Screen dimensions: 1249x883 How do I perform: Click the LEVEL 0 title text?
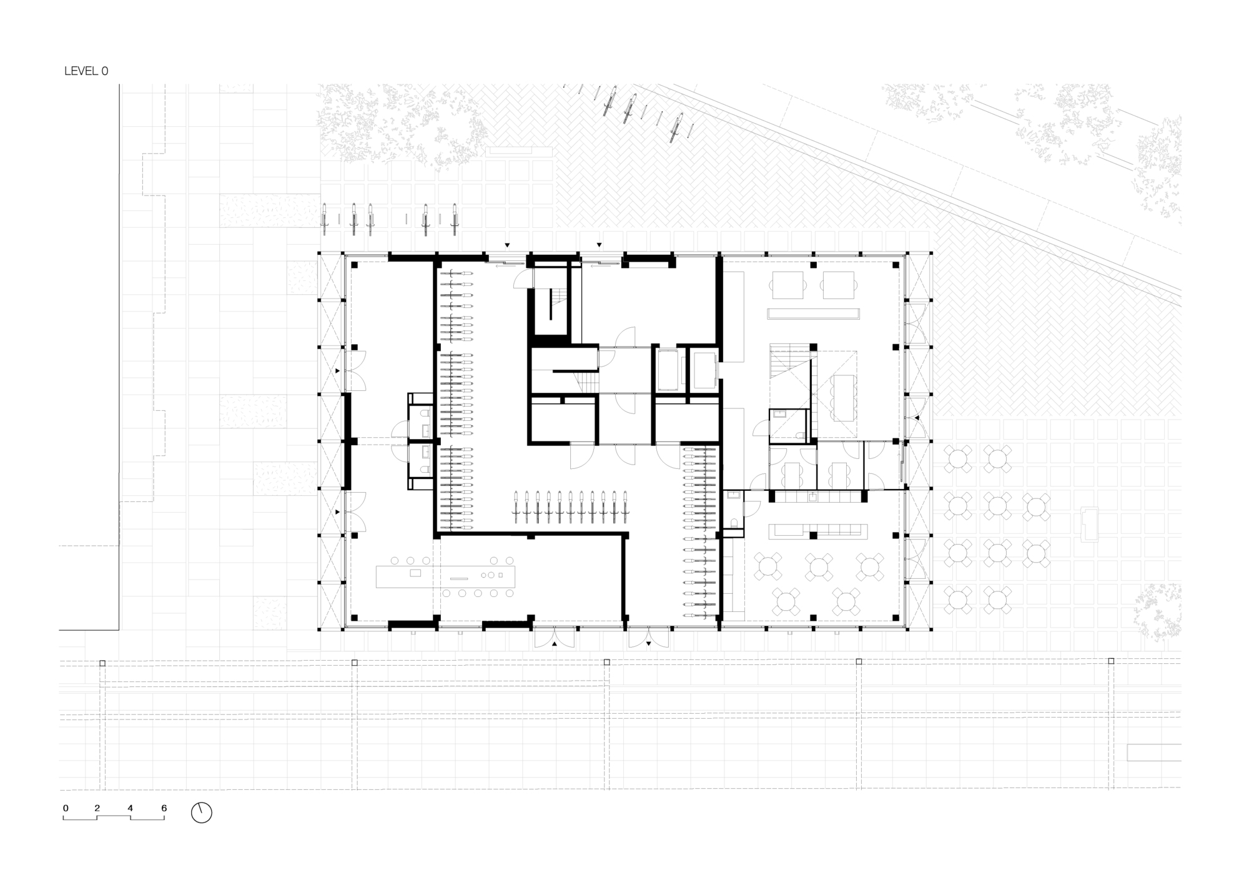(86, 71)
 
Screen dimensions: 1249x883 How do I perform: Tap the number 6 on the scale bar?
(164, 808)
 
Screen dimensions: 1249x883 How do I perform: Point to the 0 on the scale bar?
(66, 808)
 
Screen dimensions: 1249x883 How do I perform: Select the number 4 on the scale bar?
(130, 808)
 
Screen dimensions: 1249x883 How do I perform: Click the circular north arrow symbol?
(201, 812)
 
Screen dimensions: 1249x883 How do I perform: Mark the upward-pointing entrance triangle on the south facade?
(555, 643)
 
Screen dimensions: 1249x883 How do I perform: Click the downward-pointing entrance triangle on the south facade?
(648, 643)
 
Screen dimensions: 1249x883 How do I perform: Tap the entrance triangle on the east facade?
(917, 417)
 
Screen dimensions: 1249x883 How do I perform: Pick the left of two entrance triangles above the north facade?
(507, 245)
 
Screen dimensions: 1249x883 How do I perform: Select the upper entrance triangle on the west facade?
(338, 371)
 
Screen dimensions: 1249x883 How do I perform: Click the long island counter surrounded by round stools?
(446, 576)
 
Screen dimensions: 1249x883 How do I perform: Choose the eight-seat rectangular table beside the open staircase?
(843, 397)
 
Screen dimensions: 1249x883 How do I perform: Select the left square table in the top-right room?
(787, 285)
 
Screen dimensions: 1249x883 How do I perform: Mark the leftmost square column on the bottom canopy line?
(102, 663)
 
